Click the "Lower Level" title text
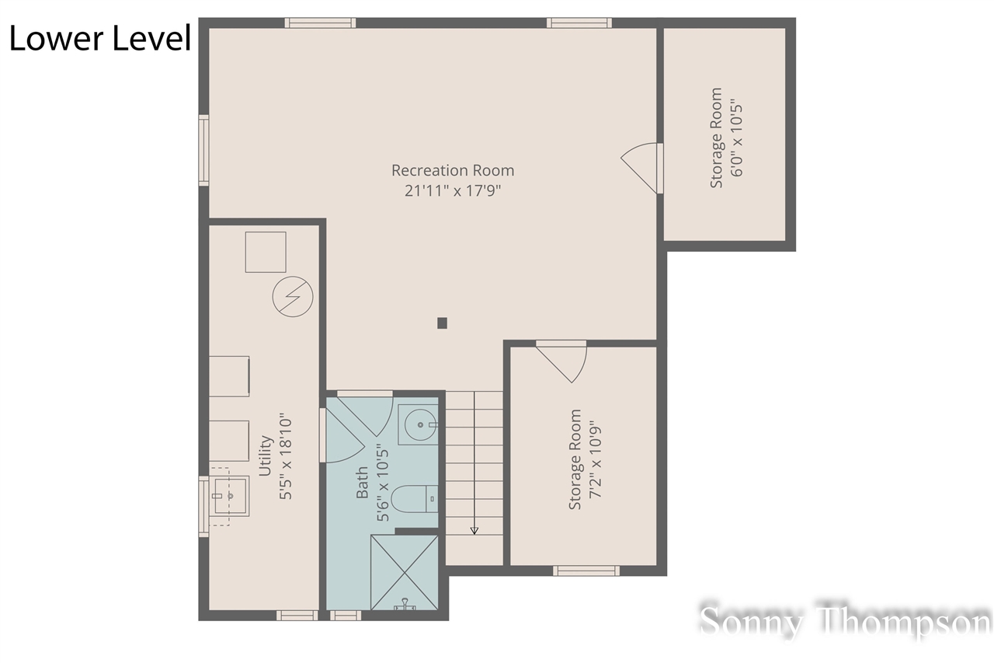pyautogui.click(x=99, y=38)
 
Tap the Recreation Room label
pyautogui.click(x=453, y=170)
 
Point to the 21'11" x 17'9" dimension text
pyautogui.click(x=453, y=190)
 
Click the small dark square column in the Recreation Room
pyautogui.click(x=442, y=323)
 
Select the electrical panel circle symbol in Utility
pyautogui.click(x=292, y=297)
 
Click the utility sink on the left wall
pyautogui.click(x=228, y=497)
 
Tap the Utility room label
pyautogui.click(x=266, y=455)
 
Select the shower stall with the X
pyautogui.click(x=405, y=573)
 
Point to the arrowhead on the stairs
pyautogui.click(x=474, y=530)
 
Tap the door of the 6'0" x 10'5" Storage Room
pyautogui.click(x=641, y=168)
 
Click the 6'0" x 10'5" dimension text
pyautogui.click(x=736, y=137)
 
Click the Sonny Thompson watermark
pyautogui.click(x=845, y=623)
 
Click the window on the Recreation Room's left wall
pyautogui.click(x=203, y=150)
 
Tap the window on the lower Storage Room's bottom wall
pyautogui.click(x=586, y=571)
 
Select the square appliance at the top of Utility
pyautogui.click(x=266, y=252)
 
